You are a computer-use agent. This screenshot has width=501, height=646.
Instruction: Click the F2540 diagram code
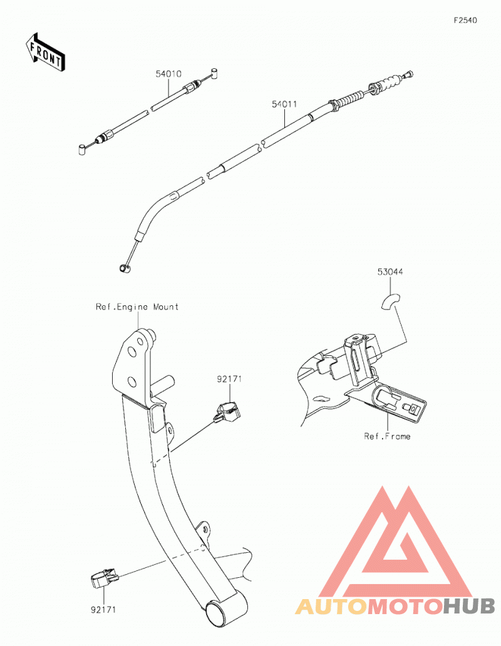tap(465, 20)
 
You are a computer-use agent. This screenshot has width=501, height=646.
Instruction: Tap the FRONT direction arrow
tap(44, 53)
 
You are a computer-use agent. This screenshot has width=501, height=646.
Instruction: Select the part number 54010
tap(168, 74)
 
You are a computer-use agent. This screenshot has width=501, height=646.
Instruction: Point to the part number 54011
tap(284, 104)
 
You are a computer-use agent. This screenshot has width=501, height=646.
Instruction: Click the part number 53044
tap(390, 272)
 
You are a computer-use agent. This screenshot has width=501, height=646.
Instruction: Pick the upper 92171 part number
tap(229, 379)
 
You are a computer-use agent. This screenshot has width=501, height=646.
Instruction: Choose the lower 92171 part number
tap(103, 609)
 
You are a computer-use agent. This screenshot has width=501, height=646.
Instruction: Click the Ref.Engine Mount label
tap(137, 307)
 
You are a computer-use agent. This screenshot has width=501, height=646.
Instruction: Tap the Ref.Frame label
tap(387, 437)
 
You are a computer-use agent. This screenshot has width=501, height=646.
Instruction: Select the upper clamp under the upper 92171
tap(227, 413)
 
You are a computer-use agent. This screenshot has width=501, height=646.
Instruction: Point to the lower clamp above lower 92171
tap(104, 578)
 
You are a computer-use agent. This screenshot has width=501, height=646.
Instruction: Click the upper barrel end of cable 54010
tap(215, 73)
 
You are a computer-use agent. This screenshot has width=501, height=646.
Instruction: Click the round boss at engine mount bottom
tap(217, 612)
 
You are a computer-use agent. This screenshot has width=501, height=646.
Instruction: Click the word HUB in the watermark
tap(468, 606)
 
